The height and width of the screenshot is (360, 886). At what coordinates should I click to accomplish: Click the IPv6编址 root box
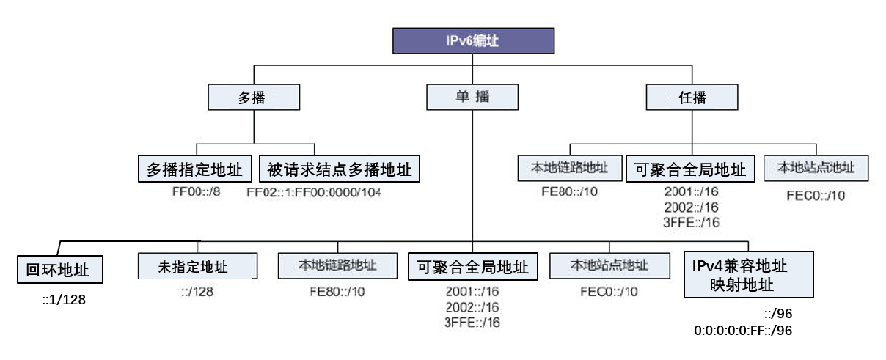pyautogui.click(x=472, y=41)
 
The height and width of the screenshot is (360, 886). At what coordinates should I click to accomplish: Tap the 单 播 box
pyautogui.click(x=472, y=97)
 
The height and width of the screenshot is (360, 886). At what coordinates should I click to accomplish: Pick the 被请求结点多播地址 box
pyautogui.click(x=339, y=169)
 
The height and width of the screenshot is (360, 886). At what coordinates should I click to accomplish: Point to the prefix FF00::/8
pyautogui.click(x=195, y=192)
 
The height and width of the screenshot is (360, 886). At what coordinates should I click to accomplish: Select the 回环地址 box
pyautogui.click(x=61, y=269)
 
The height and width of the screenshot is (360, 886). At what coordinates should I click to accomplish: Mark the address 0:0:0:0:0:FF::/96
pyautogui.click(x=743, y=331)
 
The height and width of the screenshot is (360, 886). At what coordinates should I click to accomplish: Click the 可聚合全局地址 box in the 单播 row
pyautogui.click(x=472, y=266)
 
